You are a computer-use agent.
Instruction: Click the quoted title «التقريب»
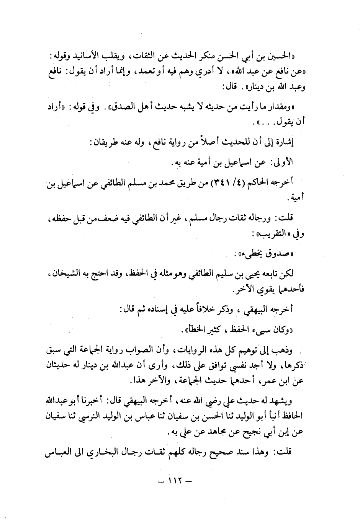pos(278,234)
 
